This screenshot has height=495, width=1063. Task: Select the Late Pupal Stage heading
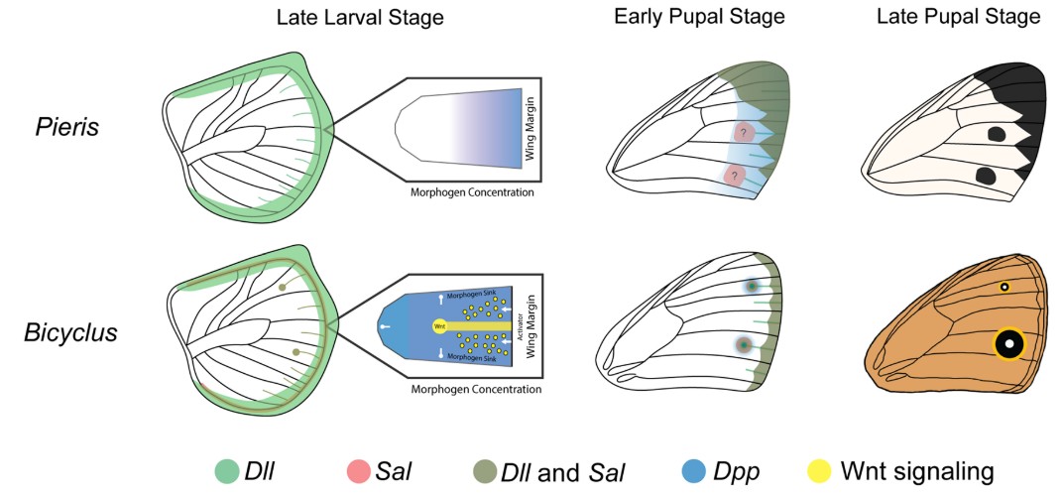(x=950, y=17)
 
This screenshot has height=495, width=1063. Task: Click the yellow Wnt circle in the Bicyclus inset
(x=438, y=326)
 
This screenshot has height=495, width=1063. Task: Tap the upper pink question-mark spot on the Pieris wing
(x=745, y=131)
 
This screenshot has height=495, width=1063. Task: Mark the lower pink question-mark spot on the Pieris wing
(x=735, y=176)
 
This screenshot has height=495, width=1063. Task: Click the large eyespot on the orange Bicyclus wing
(x=1009, y=344)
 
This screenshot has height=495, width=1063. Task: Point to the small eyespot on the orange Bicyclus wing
(x=1004, y=288)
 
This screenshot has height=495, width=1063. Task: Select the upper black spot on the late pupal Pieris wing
(x=998, y=133)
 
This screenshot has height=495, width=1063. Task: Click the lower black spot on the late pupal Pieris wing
(x=988, y=177)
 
